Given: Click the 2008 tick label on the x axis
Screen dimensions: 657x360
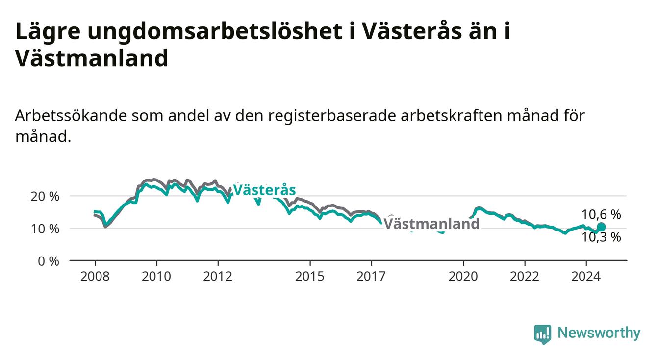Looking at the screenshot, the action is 95,277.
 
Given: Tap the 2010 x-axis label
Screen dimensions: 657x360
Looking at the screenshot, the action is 156,277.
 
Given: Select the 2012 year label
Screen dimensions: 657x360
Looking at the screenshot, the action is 218,277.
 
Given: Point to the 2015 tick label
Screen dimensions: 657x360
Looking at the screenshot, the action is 310,277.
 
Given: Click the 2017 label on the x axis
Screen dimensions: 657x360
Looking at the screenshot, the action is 371,277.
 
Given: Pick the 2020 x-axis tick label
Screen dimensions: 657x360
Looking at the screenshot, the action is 463,277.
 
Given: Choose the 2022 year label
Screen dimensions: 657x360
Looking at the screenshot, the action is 525,277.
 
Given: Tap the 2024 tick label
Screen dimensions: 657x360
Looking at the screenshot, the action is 586,277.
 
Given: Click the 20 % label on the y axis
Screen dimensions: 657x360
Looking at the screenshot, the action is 45,196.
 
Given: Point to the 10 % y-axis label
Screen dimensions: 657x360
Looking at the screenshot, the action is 45,229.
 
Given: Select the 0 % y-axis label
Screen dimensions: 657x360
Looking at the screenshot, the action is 49,261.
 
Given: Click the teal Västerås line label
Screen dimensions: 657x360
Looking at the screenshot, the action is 265,190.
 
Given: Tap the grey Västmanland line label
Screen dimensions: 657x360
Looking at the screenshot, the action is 431,224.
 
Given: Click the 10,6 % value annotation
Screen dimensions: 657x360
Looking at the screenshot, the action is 601,215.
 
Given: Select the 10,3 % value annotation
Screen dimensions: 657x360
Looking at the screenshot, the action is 601,237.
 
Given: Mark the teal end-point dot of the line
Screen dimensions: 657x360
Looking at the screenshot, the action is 601,227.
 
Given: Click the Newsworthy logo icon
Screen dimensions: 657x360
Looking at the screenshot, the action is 543,334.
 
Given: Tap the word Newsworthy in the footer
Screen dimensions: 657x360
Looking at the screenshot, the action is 599,333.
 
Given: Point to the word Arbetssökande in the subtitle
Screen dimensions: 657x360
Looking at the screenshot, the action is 71,116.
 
